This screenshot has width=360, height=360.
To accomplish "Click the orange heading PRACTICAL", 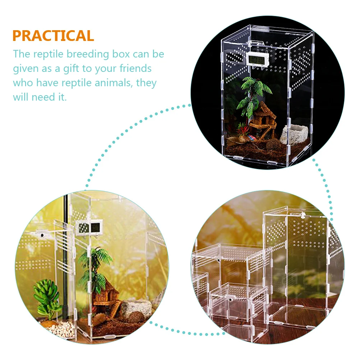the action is click(53, 36).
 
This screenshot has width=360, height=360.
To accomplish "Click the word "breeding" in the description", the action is click(88, 54).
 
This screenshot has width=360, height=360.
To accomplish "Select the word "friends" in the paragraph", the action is click(135, 68).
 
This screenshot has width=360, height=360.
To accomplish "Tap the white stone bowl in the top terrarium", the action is click(294, 134).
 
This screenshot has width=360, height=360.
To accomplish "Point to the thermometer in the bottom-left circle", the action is click(89, 227).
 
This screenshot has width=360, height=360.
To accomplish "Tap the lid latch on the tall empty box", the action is click(303, 215).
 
